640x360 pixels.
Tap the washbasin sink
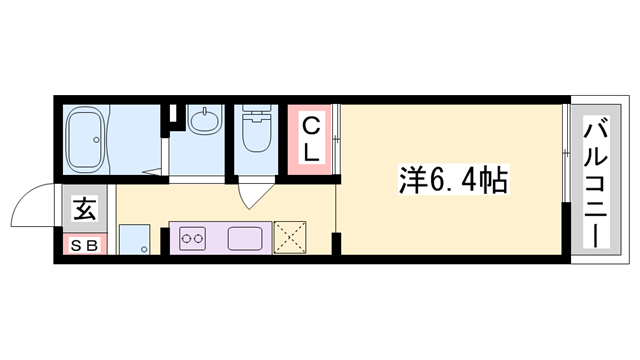tap(205, 121)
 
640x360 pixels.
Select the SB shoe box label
tap(84, 245)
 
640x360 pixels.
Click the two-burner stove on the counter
tap(192, 239)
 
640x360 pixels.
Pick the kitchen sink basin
tap(246, 239)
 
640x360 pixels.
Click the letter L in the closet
tap(311, 153)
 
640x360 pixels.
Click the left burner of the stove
tap(185, 239)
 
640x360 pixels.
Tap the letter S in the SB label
tap(77, 245)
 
